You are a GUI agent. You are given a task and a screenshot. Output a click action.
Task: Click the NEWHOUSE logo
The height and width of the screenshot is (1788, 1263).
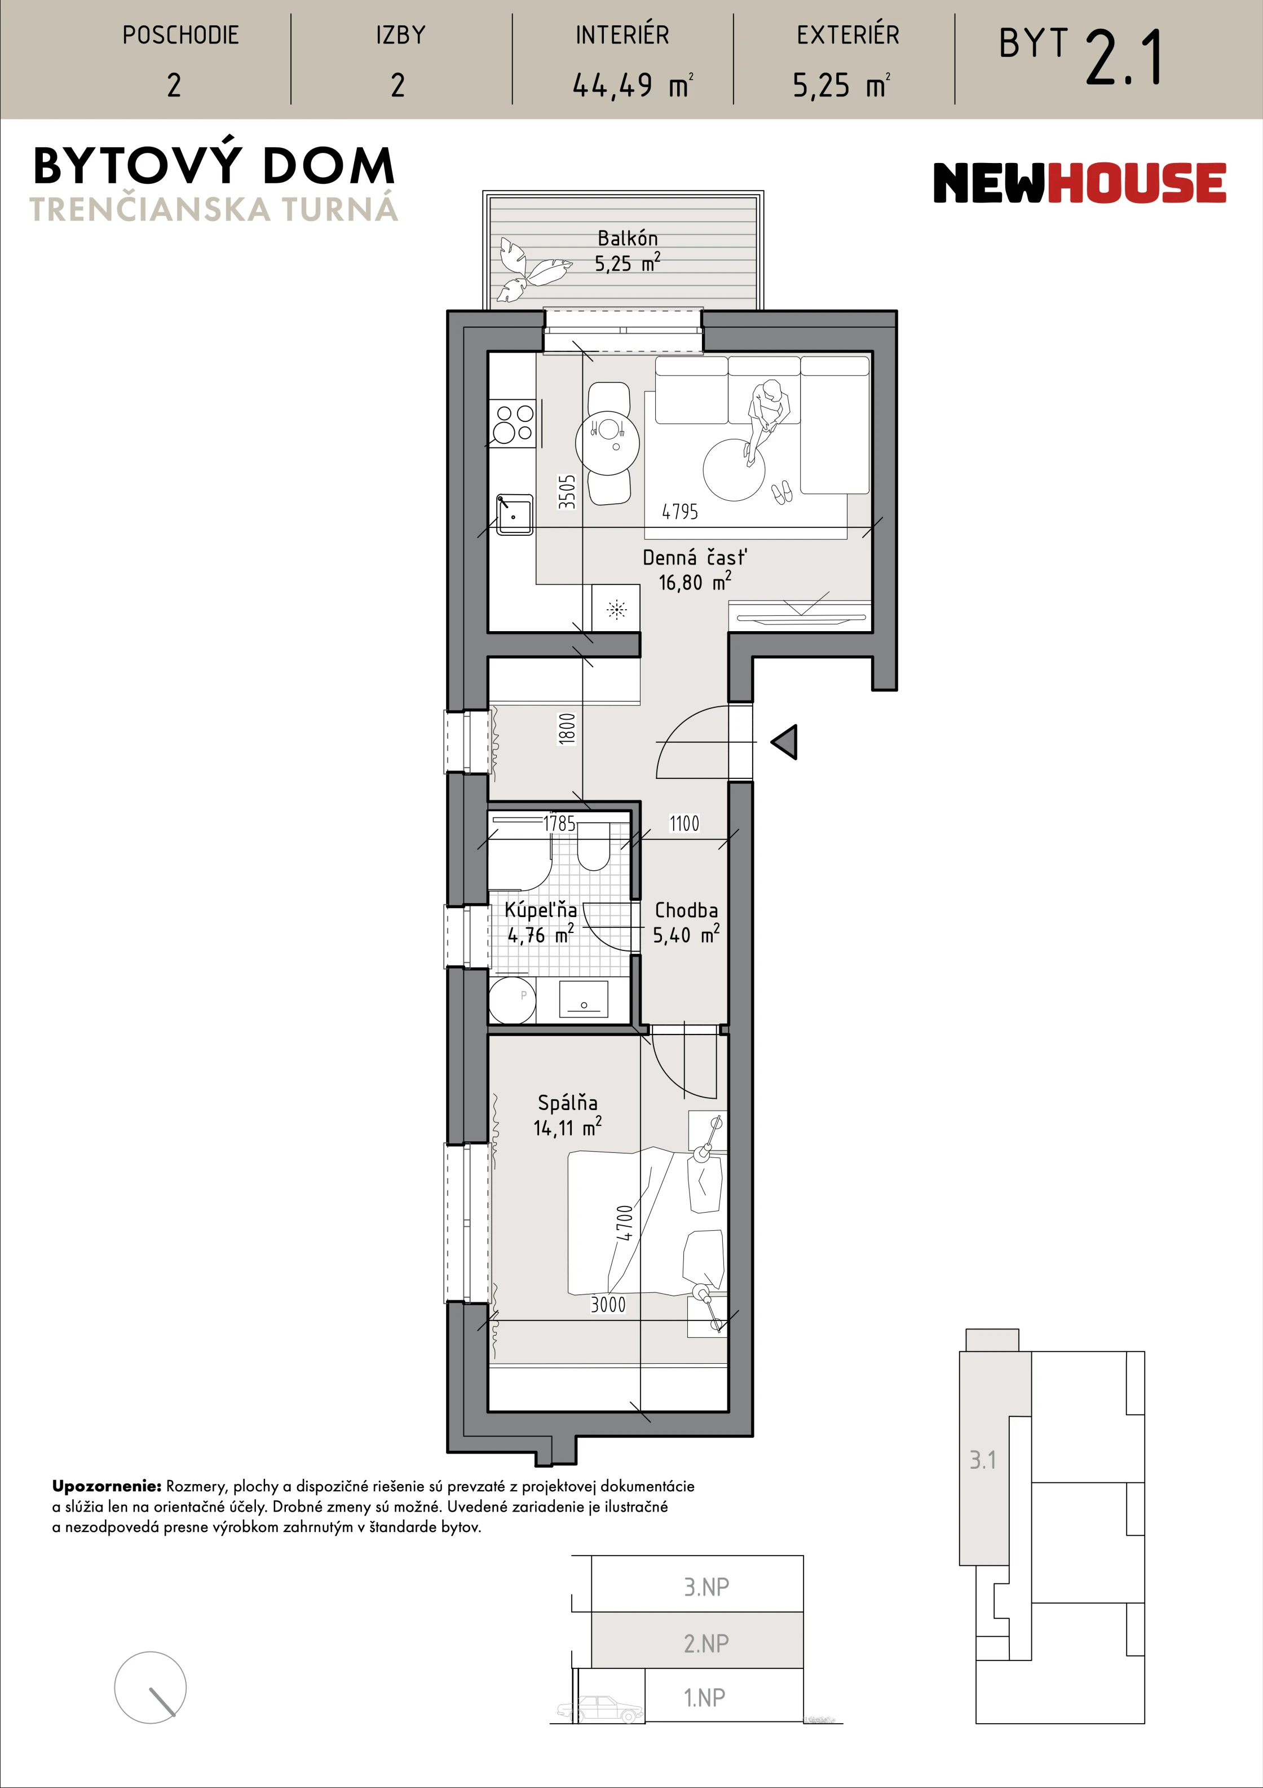coord(1079,183)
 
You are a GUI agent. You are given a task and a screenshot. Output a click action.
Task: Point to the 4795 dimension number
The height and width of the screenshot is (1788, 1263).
coord(680,512)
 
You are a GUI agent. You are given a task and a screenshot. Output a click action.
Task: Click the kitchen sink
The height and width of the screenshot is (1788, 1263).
coord(514,514)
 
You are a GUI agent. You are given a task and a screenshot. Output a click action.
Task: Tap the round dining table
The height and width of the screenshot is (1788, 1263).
coord(607,442)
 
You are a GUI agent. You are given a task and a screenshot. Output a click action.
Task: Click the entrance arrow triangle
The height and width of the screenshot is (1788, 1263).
coord(785,742)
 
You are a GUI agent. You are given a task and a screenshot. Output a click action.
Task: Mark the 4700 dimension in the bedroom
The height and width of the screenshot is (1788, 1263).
coord(625,1223)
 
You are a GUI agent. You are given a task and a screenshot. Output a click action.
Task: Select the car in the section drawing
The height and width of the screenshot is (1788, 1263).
coord(599,1708)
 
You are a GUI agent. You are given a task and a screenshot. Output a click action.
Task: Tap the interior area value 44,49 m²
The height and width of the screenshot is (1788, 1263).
coord(632,85)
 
